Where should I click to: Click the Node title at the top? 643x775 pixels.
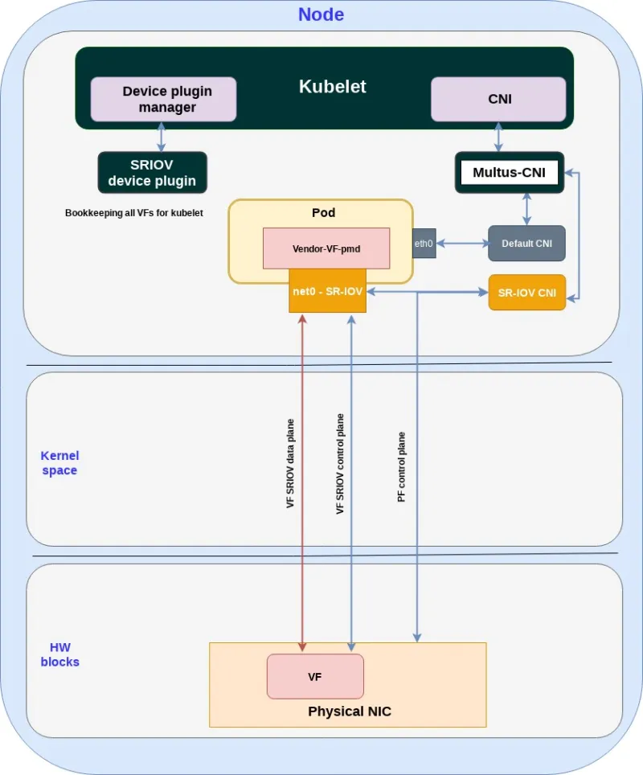pos(321,14)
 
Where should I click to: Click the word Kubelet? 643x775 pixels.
pos(332,87)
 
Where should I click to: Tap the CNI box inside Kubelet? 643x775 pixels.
pos(499,100)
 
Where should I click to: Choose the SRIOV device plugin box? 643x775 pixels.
pos(152,173)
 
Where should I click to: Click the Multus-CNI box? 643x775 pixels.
pos(510,173)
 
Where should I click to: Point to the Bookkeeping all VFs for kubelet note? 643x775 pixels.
pos(133,213)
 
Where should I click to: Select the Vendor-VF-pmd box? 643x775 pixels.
pos(326,248)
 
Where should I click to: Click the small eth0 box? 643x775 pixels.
pos(424,242)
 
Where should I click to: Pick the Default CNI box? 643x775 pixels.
pos(526,244)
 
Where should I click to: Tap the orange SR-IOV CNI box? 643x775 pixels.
pos(526,293)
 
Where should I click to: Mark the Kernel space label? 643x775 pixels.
pos(59,463)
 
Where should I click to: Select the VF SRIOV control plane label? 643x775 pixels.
pos(340,464)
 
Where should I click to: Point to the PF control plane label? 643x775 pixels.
pos(401,467)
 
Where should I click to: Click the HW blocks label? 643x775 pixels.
pos(59,654)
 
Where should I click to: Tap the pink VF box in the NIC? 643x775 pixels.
pos(315,677)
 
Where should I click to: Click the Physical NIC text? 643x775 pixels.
pos(349,711)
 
